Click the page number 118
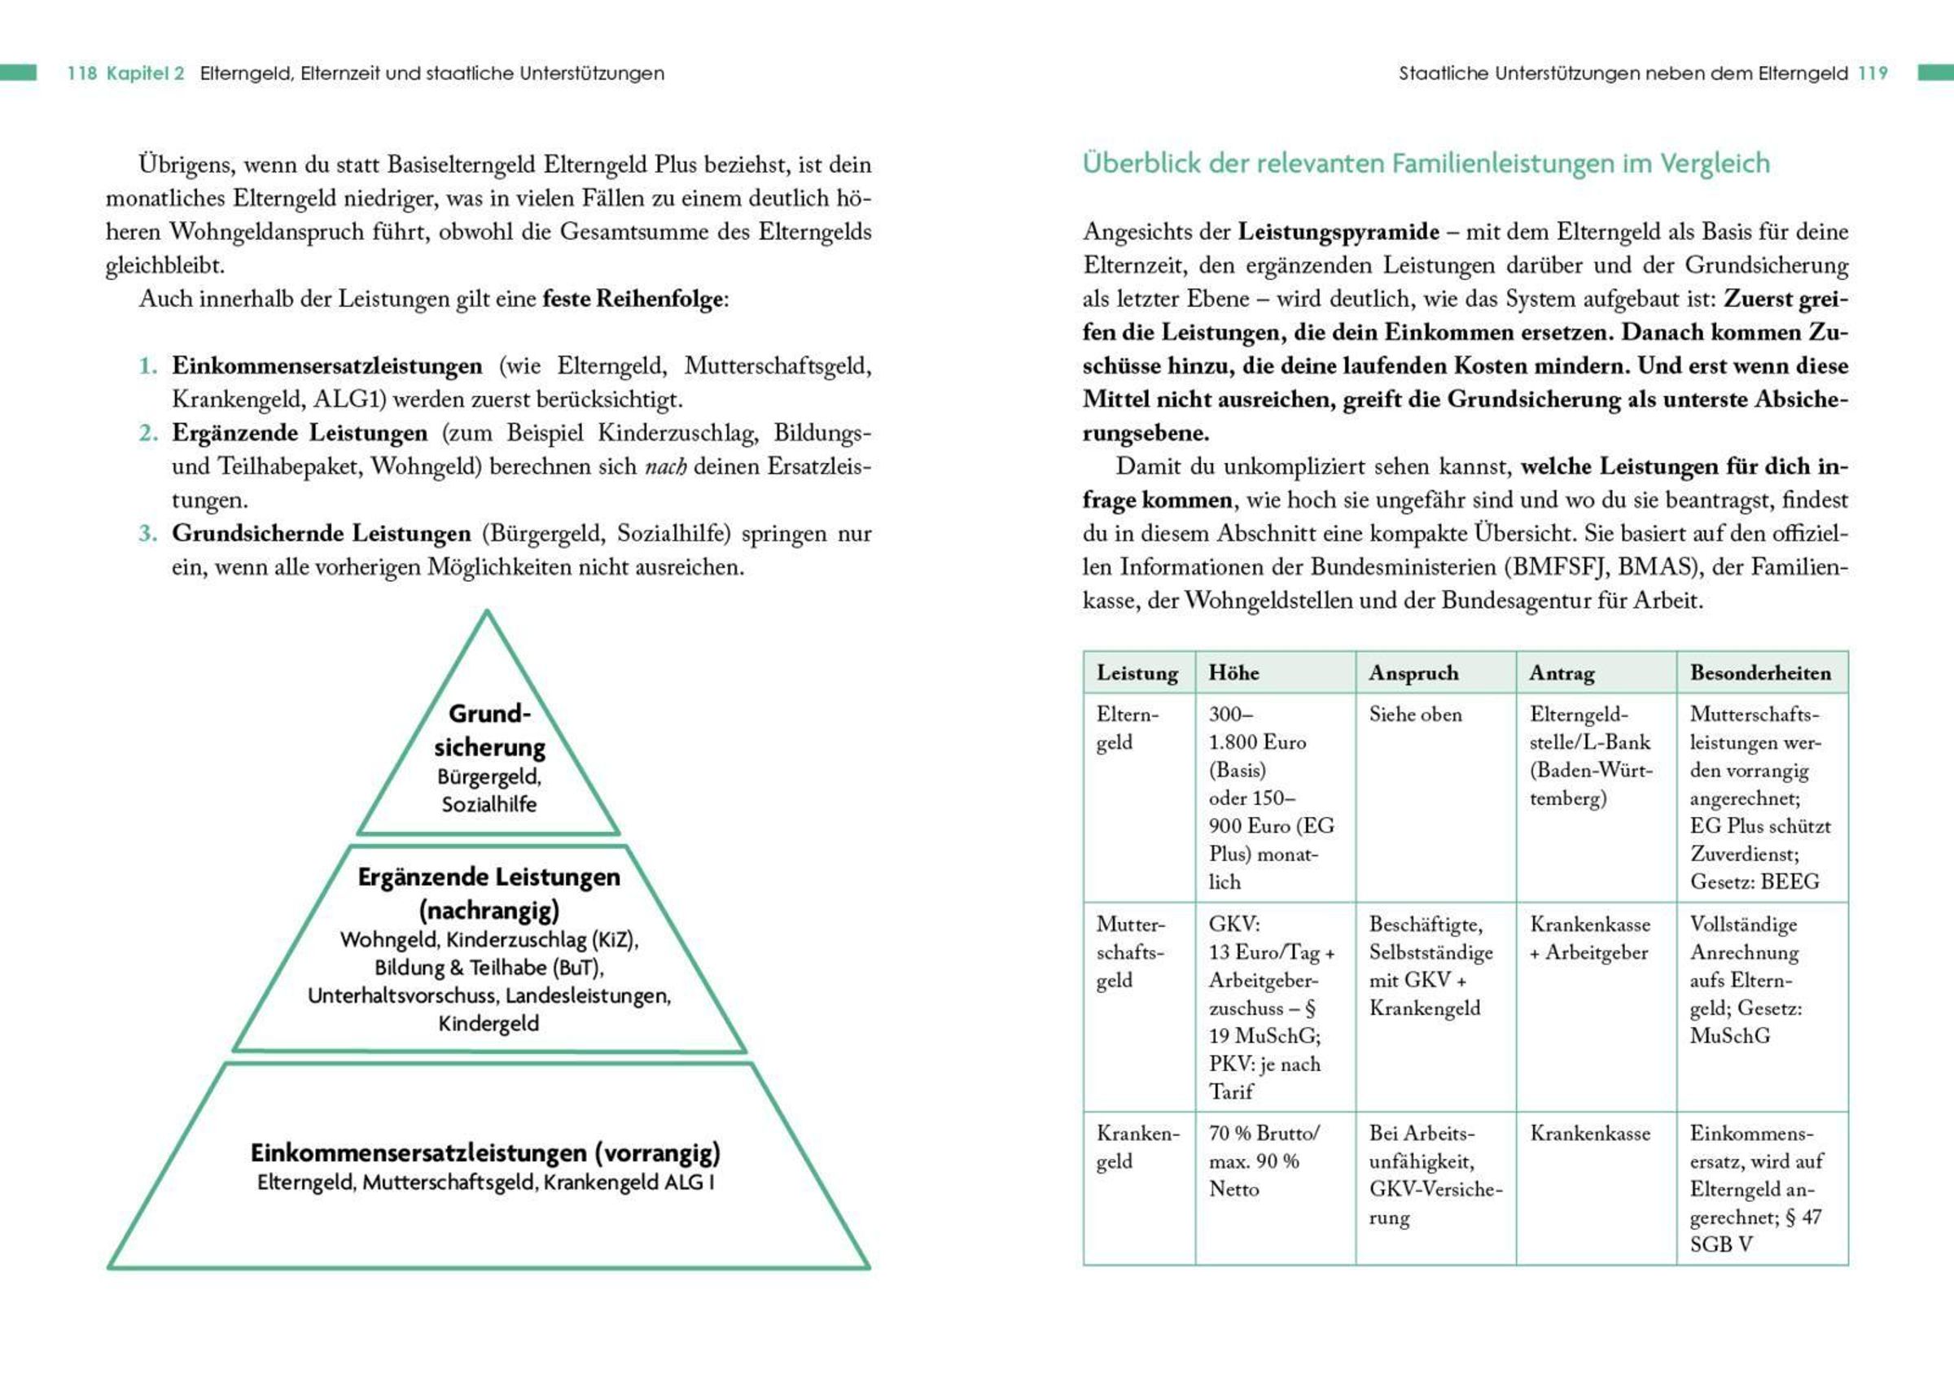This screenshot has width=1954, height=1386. pyautogui.click(x=82, y=73)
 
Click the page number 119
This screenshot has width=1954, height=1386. pyautogui.click(x=1873, y=73)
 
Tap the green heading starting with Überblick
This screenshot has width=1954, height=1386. pyautogui.click(x=1426, y=163)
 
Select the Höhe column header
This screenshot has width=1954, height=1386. pyautogui.click(x=1233, y=672)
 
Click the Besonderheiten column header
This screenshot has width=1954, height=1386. pyautogui.click(x=1760, y=672)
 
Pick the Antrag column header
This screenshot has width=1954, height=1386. pyautogui.click(x=1562, y=672)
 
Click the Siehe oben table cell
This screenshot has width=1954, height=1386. pyautogui.click(x=1415, y=715)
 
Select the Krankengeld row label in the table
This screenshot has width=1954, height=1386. pyautogui.click(x=1137, y=1147)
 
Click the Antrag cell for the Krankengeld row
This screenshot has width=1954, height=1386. pyautogui.click(x=1589, y=1134)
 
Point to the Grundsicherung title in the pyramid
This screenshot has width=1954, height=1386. pyautogui.click(x=489, y=731)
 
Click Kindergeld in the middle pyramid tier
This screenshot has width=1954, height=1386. pyautogui.click(x=488, y=1023)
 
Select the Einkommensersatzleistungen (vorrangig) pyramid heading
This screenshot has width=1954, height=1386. pyautogui.click(x=485, y=1153)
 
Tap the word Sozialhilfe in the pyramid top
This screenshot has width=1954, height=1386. pyautogui.click(x=489, y=804)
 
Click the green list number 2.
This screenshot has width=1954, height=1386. pyautogui.click(x=147, y=433)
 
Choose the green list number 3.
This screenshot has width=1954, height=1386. pyautogui.click(x=147, y=533)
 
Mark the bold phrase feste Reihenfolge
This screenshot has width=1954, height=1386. pyautogui.click(x=633, y=299)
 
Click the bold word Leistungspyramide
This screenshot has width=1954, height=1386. pyautogui.click(x=1338, y=231)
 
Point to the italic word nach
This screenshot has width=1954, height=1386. pyautogui.click(x=665, y=467)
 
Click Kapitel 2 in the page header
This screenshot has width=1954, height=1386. pyautogui.click(x=145, y=73)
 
